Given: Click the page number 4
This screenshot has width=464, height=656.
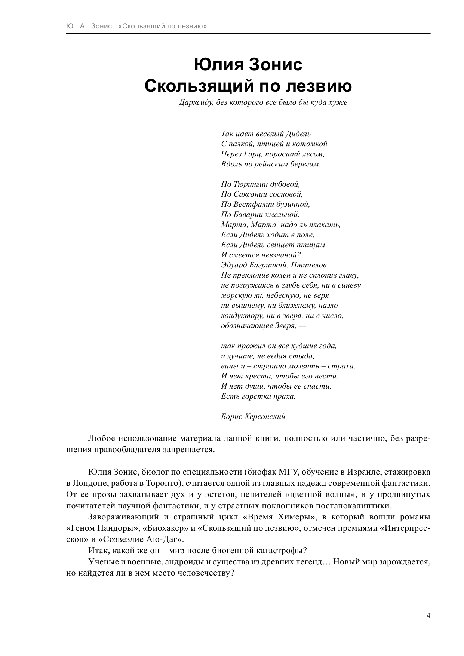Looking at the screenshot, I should coord(428,616).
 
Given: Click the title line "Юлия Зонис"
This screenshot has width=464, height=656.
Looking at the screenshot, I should coord(248,65).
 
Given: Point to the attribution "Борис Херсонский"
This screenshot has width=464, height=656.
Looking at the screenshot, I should coord(253,416).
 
